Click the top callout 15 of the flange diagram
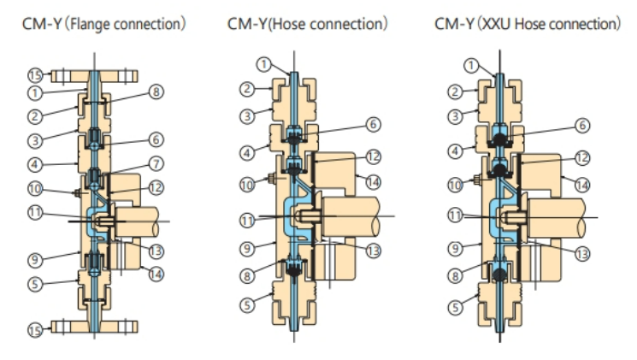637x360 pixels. pos(35,75)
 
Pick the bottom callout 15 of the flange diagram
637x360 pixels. pos(35,330)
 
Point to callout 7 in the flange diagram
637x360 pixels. pos(156,163)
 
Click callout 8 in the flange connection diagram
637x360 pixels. pos(156,91)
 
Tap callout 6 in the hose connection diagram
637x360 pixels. pos(374,124)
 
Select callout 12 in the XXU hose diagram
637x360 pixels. pos(582,157)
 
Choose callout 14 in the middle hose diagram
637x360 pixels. pos(374,182)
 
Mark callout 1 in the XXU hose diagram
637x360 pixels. pos(471,66)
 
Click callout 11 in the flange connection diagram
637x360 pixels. pos(35,213)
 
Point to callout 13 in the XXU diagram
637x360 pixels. pos(582,254)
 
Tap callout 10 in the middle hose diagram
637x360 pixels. pos(247,186)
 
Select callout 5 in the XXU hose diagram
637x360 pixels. pos(455,307)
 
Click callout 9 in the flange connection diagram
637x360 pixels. pos(35,260)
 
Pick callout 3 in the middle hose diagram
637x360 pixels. pos(247,116)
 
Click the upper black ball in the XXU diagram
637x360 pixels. pos(499,140)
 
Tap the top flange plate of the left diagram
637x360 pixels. pos(94,76)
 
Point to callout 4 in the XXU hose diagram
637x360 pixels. pos(455,151)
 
